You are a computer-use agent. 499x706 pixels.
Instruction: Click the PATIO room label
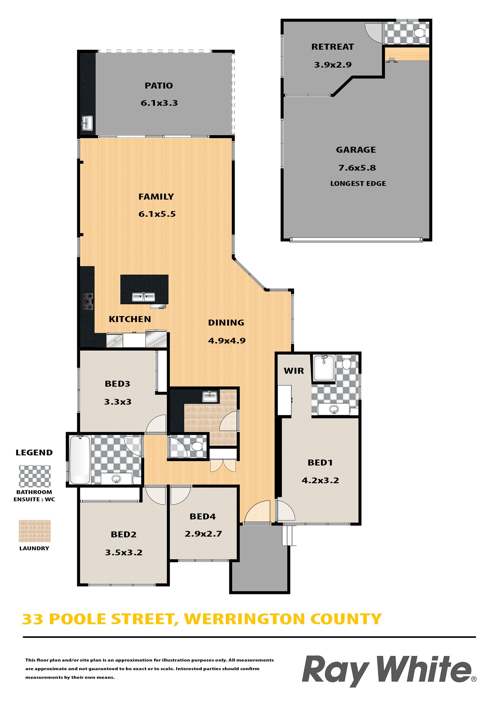click(159, 86)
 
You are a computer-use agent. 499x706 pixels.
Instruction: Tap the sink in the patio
click(87, 123)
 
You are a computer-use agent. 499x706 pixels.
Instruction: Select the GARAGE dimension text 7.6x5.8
click(357, 168)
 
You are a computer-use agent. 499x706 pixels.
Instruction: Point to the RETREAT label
click(333, 47)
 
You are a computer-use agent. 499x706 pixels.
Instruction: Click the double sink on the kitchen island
click(143, 297)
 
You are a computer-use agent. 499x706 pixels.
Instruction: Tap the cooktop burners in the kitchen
click(87, 302)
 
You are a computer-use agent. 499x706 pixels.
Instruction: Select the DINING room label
click(226, 323)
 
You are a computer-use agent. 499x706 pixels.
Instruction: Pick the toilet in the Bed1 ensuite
click(347, 362)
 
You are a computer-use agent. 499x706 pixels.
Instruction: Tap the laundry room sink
click(210, 396)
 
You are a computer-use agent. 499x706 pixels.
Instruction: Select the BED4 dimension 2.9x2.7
click(203, 534)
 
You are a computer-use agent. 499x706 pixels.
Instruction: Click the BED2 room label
click(123, 534)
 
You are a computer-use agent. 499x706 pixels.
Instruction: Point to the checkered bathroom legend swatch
click(35, 476)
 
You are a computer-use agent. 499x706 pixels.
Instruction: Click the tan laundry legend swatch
click(35, 531)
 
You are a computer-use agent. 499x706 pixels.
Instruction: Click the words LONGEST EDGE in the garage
click(358, 184)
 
